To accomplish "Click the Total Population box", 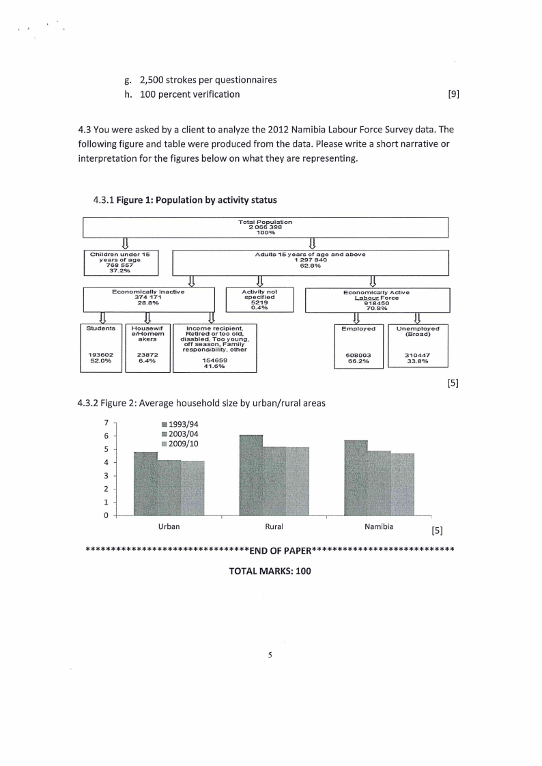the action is (266, 227).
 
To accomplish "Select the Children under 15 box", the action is (121, 263).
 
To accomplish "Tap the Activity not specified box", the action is (260, 300).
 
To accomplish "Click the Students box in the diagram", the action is (101, 347).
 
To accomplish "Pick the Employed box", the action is (358, 346).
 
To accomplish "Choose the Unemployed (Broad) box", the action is (418, 346).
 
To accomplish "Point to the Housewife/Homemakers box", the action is (148, 347).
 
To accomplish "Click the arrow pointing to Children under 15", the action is (125, 244).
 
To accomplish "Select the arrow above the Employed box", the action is (356, 318).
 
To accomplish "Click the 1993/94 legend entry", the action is (180, 424).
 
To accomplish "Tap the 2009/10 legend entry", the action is (180, 444).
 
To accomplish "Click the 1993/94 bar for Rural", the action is (251, 475).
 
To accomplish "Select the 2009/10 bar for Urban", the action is (193, 488).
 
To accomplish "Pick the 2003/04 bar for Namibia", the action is (380, 483).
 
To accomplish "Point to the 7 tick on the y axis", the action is (106, 423).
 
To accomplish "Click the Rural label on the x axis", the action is (274, 526).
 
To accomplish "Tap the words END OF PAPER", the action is (281, 550).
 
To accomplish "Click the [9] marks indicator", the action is (454, 94).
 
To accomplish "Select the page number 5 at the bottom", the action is (270, 655).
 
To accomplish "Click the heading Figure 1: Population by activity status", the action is (197, 200).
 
